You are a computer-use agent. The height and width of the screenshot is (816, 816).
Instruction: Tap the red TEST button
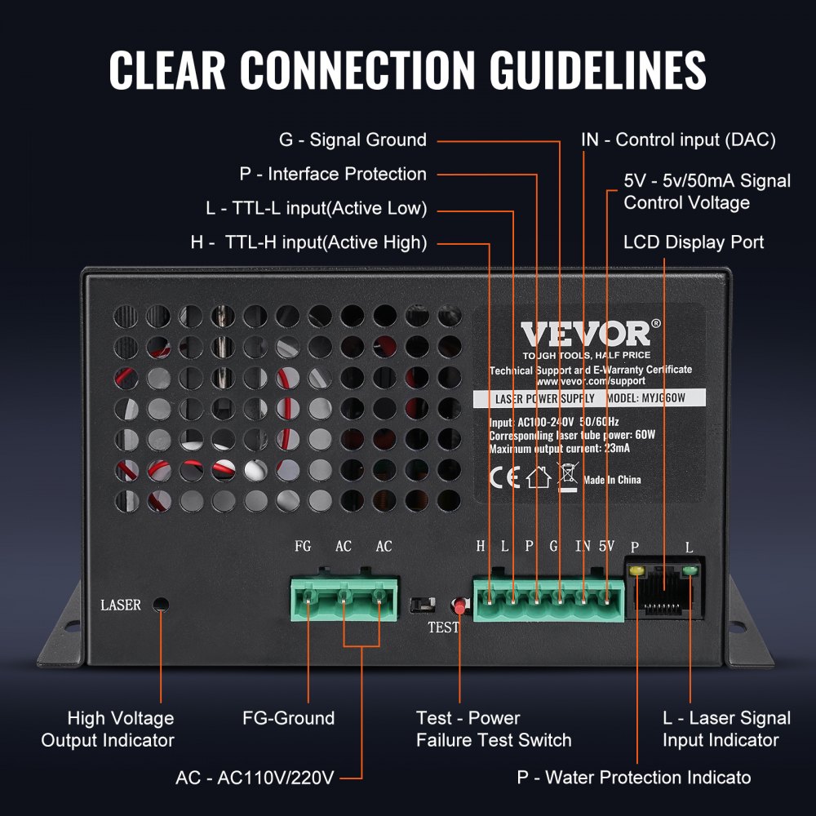pos(459,607)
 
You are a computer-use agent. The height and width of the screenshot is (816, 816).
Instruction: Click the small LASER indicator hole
pos(162,605)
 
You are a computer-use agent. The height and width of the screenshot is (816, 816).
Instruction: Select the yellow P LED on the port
pos(636,569)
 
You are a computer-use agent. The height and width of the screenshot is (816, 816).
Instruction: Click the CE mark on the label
pos(503,477)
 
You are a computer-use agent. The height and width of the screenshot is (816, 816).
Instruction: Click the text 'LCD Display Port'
pos(694,242)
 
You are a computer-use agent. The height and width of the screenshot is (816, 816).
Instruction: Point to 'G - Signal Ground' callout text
pos(353,140)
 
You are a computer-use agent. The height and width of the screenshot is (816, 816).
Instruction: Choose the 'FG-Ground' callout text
pos(288,718)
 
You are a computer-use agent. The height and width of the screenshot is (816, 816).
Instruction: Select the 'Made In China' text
pos(612,480)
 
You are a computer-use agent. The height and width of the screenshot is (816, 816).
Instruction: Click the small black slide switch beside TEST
pos(420,605)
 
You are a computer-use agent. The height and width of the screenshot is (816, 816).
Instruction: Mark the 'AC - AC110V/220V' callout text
pos(255,777)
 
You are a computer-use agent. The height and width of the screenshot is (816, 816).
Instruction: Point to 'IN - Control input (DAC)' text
pos(677,140)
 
